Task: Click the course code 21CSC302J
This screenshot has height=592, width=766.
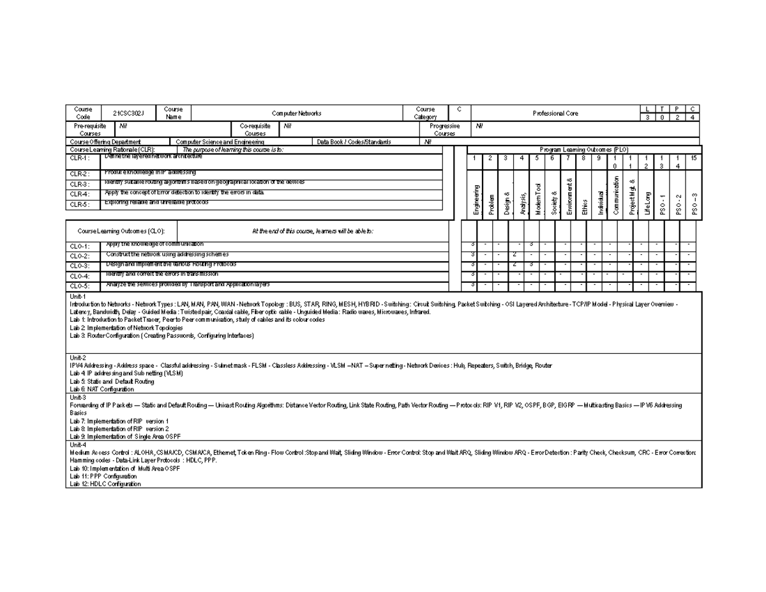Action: tap(128, 113)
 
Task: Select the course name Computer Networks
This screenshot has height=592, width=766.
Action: tap(296, 113)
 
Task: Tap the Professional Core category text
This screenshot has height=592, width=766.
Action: tap(555, 113)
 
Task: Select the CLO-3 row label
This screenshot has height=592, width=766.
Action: tap(80, 266)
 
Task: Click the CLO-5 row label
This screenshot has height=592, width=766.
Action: tap(80, 287)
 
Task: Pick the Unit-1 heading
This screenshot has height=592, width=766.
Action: tap(78, 296)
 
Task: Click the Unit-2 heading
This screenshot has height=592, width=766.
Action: tap(78, 358)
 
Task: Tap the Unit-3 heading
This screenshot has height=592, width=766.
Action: tap(78, 397)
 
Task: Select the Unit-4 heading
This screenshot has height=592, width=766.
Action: tap(78, 444)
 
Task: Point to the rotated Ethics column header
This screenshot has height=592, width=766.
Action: tap(585, 207)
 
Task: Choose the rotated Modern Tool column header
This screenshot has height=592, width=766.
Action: tap(538, 199)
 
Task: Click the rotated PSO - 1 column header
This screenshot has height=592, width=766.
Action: tap(663, 204)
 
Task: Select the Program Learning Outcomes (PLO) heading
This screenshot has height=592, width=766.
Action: tap(583, 149)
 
